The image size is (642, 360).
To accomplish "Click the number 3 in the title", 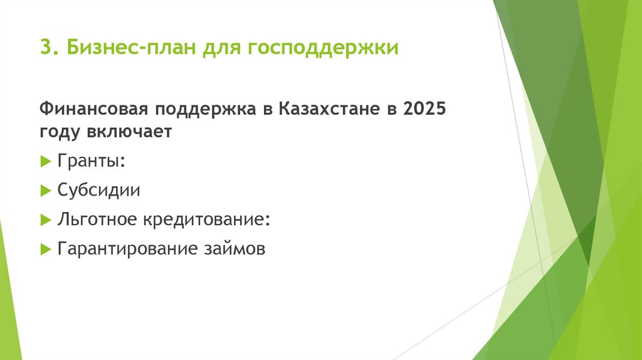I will click(x=45, y=48).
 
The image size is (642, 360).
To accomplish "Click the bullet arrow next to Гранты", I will click(x=45, y=162).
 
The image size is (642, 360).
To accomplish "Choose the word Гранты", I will click(x=87, y=162).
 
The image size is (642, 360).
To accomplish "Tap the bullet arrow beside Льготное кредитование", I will click(x=45, y=220).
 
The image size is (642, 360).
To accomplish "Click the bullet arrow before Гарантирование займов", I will click(x=45, y=249).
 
